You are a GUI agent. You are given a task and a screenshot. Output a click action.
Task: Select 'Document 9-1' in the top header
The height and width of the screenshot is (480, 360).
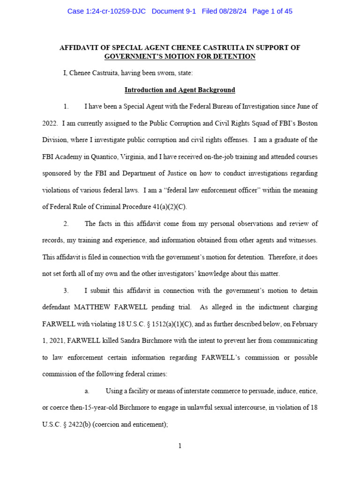pyautogui.click(x=174, y=11)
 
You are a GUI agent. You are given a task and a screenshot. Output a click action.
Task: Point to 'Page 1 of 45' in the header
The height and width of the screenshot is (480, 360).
pyautogui.click(x=272, y=11)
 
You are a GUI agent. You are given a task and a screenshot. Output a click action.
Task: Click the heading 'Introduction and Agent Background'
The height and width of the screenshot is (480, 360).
pyautogui.click(x=180, y=90)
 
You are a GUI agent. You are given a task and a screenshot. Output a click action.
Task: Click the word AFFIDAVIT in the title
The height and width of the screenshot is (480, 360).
pyautogui.click(x=81, y=48)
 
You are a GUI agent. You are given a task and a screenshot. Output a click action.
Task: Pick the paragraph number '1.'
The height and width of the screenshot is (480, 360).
pyautogui.click(x=66, y=106)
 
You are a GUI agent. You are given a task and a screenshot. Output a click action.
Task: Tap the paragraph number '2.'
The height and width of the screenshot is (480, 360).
pyautogui.click(x=66, y=224)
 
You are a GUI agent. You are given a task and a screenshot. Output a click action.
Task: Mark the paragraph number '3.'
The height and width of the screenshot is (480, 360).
pyautogui.click(x=66, y=291)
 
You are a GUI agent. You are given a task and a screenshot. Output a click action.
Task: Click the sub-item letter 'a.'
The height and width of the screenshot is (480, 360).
pyautogui.click(x=87, y=391)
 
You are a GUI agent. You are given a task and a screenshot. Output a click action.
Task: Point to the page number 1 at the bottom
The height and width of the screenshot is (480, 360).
pyautogui.click(x=180, y=446)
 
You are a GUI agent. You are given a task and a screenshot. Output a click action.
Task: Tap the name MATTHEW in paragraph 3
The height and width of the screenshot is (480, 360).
pyautogui.click(x=92, y=307)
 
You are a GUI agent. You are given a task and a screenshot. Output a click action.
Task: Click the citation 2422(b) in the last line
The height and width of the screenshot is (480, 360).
pyautogui.click(x=72, y=424)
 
